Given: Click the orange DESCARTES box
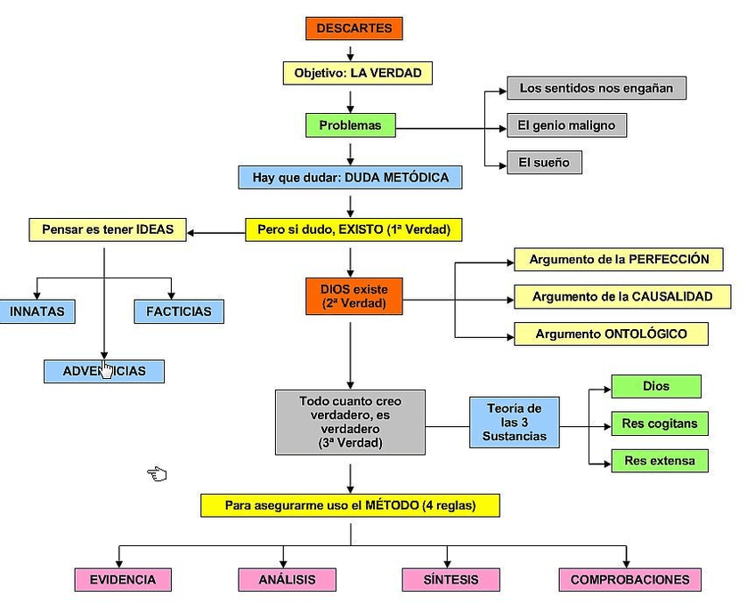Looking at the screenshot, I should (x=353, y=28).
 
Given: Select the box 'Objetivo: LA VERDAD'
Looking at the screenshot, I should (x=352, y=73).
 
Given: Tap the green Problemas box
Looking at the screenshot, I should (x=350, y=125).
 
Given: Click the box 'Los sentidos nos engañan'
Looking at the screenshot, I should (x=596, y=88).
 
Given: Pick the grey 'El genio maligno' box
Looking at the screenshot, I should (x=566, y=125).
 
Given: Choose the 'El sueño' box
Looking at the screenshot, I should (x=544, y=163).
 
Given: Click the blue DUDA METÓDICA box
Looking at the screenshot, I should (x=350, y=177).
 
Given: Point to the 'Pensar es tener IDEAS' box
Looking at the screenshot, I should (x=107, y=230).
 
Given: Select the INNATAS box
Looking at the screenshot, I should (x=37, y=311).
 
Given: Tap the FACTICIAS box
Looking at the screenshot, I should (x=178, y=311).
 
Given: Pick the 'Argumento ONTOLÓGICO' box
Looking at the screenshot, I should (x=611, y=334).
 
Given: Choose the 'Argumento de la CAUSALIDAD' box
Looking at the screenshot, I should (x=621, y=297).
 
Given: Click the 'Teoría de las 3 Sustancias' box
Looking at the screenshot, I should (x=514, y=422).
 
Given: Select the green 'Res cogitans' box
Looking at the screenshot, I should (x=659, y=424).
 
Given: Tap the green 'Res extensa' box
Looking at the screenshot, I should (x=659, y=461).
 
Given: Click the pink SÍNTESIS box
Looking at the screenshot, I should (x=451, y=580).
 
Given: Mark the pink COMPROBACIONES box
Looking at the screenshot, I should (x=629, y=580).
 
